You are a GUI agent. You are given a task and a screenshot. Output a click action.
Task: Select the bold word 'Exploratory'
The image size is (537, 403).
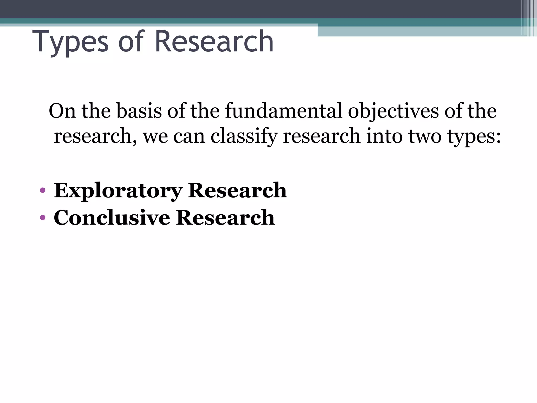click(x=118, y=190)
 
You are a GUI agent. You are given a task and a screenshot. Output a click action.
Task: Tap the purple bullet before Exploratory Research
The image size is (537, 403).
click(x=42, y=190)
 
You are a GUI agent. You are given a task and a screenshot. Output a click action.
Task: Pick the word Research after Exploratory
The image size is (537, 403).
click(x=237, y=190)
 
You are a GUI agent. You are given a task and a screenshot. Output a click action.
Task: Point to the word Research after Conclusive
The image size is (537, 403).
click(x=225, y=218)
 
